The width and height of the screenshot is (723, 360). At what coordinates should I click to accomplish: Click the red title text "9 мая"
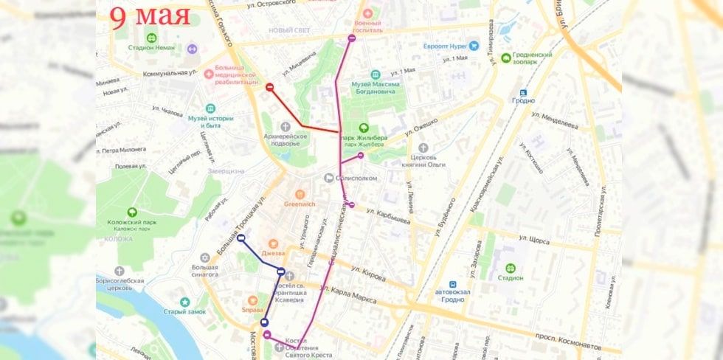point(151,15)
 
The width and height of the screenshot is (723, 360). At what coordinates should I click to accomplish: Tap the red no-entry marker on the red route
point(270,88)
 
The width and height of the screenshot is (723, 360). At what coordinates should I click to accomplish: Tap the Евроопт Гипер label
point(446,46)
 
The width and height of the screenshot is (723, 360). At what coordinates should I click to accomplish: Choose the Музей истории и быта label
point(210,122)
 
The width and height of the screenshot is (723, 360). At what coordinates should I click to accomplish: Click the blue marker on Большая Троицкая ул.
point(241,238)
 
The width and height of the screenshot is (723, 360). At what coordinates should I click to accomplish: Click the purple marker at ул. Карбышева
point(352,205)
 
